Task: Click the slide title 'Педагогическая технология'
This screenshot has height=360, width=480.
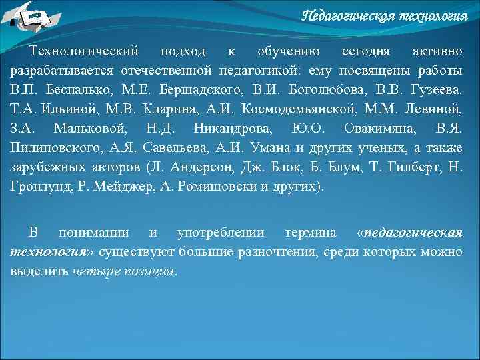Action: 385,15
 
